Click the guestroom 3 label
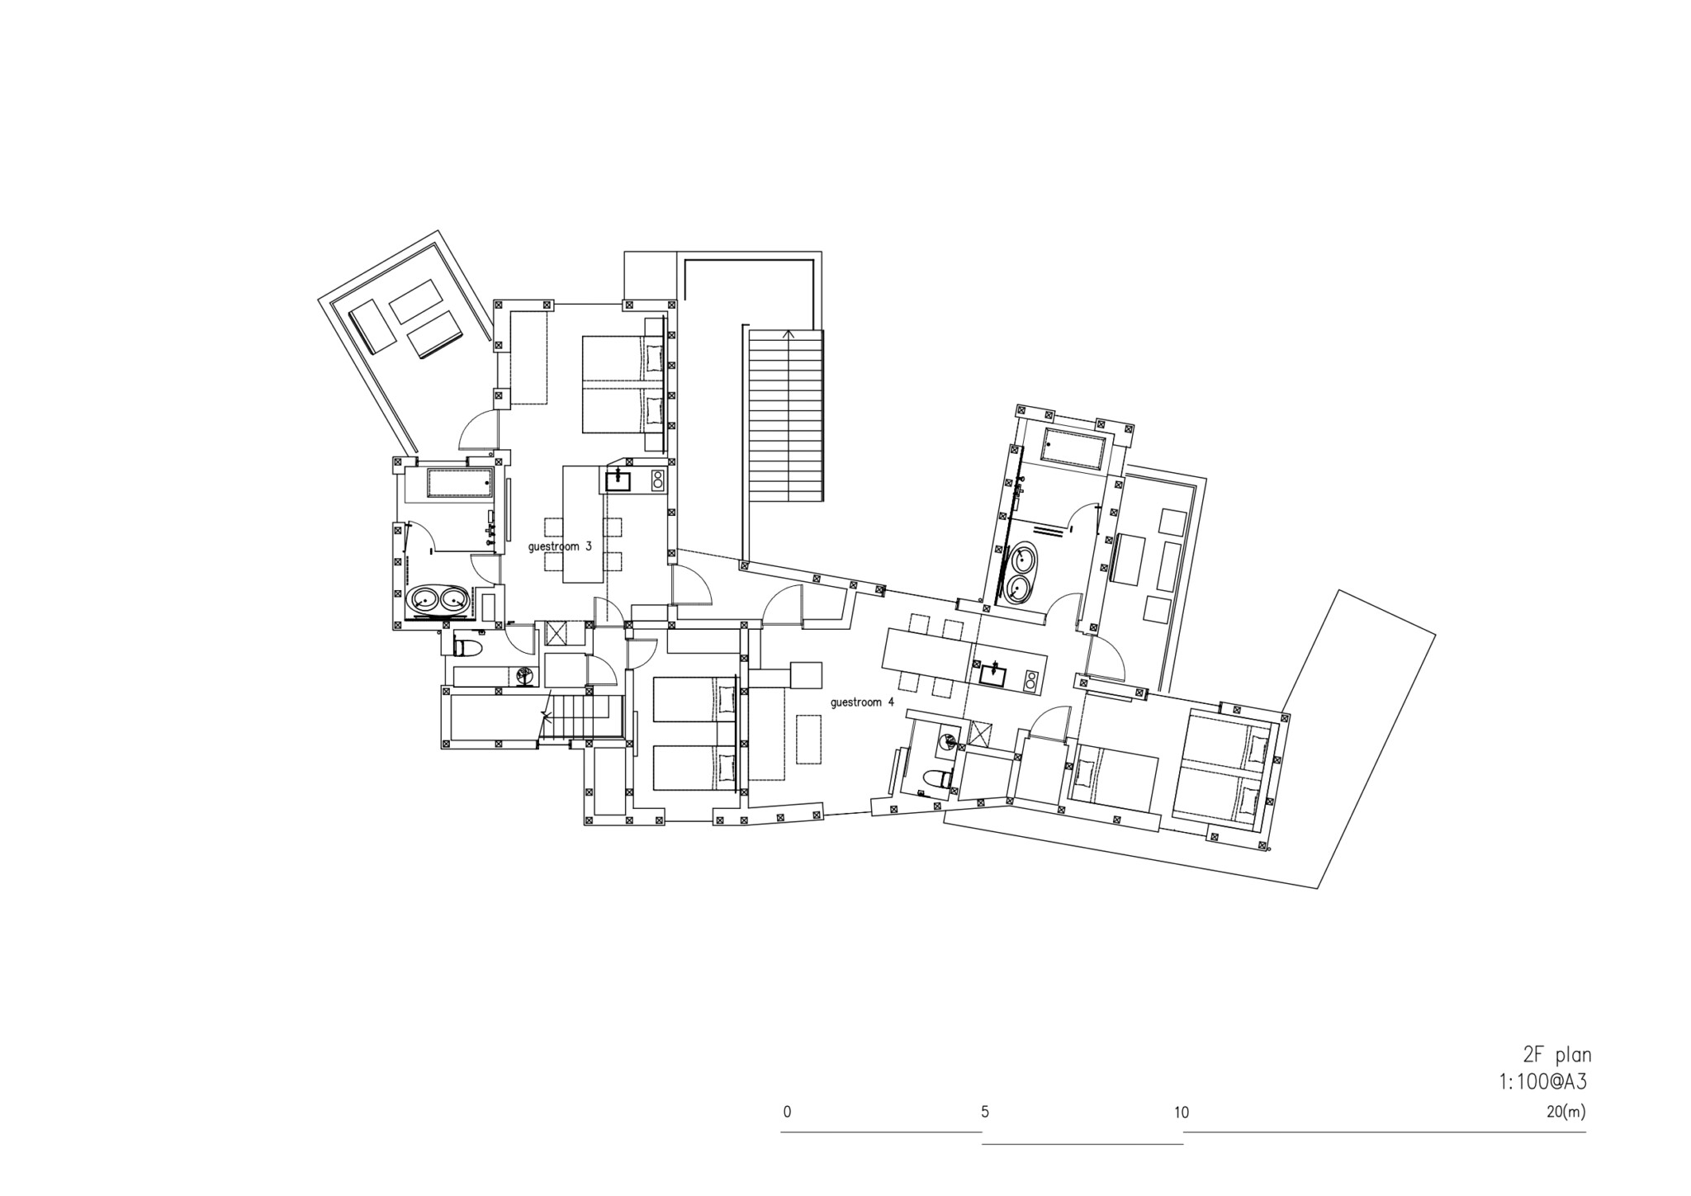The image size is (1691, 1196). pyautogui.click(x=560, y=546)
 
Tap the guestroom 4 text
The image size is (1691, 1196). pyautogui.click(x=862, y=702)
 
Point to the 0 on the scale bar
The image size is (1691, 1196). pyautogui.click(x=787, y=1111)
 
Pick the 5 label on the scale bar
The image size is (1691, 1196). pyautogui.click(x=985, y=1111)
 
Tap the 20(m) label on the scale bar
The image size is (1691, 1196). pyautogui.click(x=1565, y=1111)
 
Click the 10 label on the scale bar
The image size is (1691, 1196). pyautogui.click(x=1182, y=1112)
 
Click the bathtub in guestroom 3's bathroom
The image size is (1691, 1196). pyautogui.click(x=459, y=483)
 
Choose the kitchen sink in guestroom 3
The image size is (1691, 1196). pyautogui.click(x=618, y=480)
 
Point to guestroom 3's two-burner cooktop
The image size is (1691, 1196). pyautogui.click(x=657, y=480)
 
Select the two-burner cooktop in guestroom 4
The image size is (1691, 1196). pyautogui.click(x=1030, y=679)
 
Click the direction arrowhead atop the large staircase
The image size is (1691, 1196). pyautogui.click(x=788, y=334)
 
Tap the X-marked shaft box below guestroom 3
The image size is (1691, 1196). pyautogui.click(x=556, y=635)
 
